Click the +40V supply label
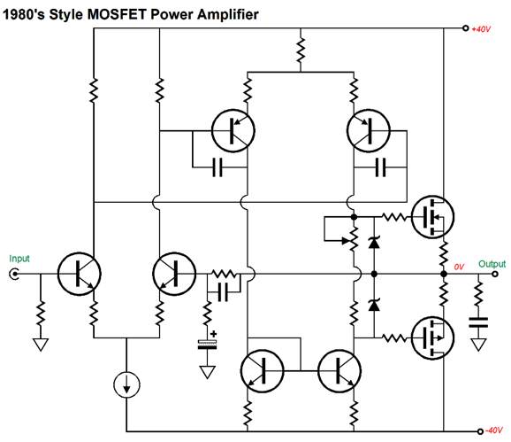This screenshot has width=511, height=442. [481, 29]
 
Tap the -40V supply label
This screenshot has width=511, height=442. [494, 430]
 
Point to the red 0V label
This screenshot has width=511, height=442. [459, 267]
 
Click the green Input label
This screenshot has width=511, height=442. [19, 259]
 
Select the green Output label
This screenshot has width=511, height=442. [492, 264]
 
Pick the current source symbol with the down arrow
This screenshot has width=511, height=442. [126, 385]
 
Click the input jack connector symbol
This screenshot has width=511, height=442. [13, 274]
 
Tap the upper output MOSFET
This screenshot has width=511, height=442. [432, 217]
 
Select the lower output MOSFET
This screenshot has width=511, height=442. [432, 337]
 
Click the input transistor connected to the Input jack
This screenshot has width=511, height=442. [80, 274]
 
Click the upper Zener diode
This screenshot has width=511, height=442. [374, 242]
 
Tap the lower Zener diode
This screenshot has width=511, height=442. [374, 306]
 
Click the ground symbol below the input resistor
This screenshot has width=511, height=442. [41, 345]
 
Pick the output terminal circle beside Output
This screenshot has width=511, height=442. [495, 274]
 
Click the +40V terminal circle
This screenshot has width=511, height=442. [466, 28]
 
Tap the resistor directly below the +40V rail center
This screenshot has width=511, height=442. [301, 50]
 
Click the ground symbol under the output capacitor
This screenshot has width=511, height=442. [478, 345]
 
